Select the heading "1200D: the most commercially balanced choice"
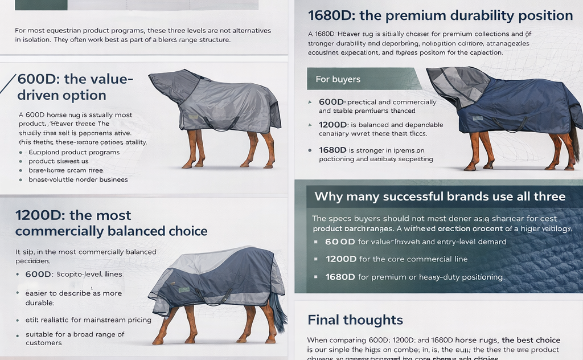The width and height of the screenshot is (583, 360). click(111, 223)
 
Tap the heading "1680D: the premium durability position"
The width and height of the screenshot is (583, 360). click(440, 15)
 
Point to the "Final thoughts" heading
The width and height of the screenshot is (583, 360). click(355, 320)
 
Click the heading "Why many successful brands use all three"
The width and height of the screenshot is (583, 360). click(440, 197)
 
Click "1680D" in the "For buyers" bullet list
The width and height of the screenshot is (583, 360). click(332, 150)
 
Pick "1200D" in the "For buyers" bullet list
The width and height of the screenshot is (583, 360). click(332, 125)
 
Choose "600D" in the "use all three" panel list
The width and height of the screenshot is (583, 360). click(339, 242)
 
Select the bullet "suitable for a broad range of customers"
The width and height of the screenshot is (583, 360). click(75, 338)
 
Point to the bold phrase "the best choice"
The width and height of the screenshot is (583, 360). click(531, 340)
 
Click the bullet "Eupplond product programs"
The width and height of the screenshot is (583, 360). click(74, 152)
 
